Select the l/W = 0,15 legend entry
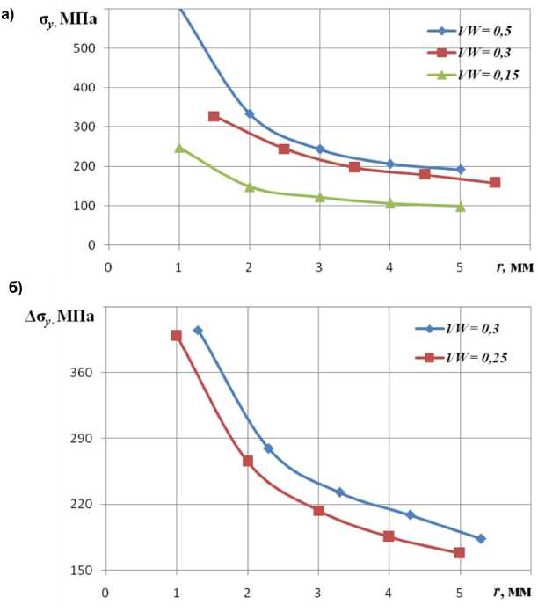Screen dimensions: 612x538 pos(469,75)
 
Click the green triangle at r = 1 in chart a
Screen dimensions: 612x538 pos(179,148)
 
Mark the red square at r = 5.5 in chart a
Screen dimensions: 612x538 pos(495,183)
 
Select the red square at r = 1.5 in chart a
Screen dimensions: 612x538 pos(214,116)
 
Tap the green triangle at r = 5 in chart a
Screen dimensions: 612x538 pos(460,207)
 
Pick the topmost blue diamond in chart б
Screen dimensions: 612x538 pos(198,331)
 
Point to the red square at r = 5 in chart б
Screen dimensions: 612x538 pos(459,553)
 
